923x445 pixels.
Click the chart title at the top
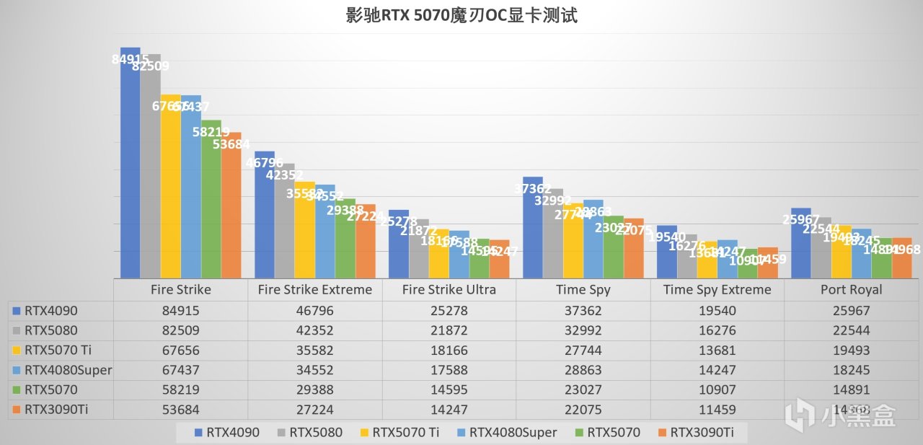point(461,15)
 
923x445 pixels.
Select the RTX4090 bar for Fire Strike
point(130,166)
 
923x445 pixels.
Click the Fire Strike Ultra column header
point(449,289)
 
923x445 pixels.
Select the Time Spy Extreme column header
point(717,289)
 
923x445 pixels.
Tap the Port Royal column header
point(851,289)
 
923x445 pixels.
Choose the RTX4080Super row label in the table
point(63,371)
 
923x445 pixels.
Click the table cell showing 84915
point(180,311)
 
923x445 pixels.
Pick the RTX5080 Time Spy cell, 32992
point(583,331)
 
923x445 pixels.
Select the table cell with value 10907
point(717,390)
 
